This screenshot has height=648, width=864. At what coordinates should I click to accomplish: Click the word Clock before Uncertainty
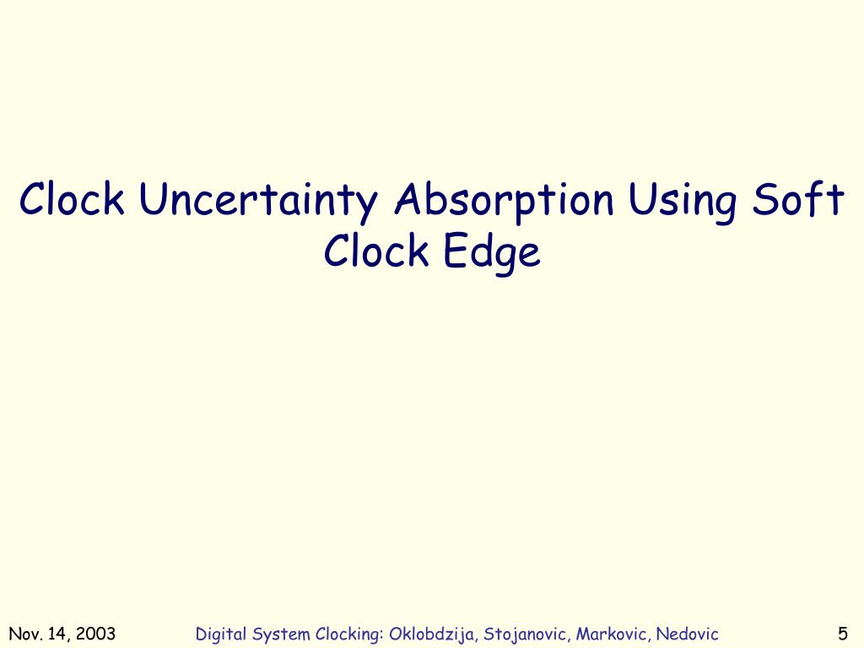point(73,201)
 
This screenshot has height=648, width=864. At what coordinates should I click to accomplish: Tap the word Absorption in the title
point(505,201)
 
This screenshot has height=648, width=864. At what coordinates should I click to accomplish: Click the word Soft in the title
point(797,201)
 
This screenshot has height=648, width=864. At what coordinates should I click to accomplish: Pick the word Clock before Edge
point(376,251)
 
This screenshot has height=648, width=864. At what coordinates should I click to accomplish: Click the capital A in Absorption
point(410,201)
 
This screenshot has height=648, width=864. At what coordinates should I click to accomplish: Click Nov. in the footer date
point(24,634)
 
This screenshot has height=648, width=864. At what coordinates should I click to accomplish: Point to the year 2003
point(95,634)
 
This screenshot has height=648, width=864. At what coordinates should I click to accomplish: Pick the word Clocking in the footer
point(350,634)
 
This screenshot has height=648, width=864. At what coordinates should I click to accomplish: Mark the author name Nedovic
point(688,634)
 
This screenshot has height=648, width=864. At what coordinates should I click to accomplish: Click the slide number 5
point(843,634)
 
